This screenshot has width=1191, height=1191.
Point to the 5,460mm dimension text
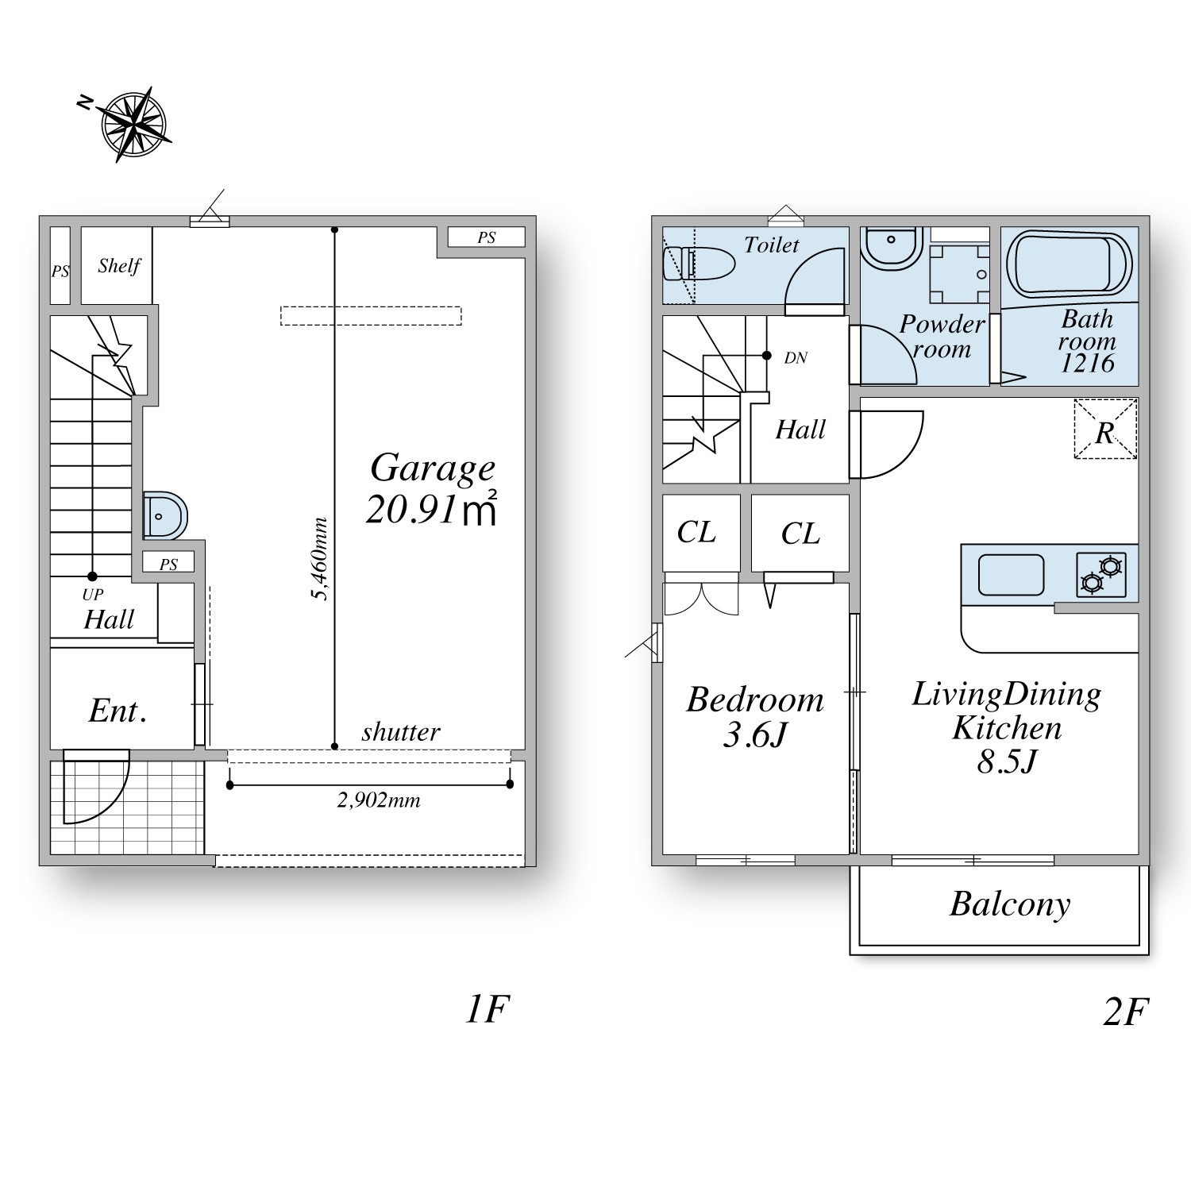[320, 559]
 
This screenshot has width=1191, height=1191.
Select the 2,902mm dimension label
[379, 800]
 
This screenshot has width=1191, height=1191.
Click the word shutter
[401, 732]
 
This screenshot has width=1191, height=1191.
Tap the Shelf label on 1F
[119, 266]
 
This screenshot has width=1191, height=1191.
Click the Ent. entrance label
[118, 711]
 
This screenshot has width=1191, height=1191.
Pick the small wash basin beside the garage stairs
[165, 516]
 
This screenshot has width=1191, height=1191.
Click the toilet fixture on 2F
[699, 264]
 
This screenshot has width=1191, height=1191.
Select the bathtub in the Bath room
[1070, 265]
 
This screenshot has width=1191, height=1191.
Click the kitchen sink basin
[1011, 575]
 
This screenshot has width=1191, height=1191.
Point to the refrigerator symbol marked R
[1105, 430]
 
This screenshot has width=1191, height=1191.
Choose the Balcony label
[1010, 904]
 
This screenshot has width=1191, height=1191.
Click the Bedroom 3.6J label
[755, 717]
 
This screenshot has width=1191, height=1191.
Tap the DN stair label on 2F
[796, 358]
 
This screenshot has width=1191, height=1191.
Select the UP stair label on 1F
[93, 594]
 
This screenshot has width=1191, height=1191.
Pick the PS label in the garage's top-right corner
[487, 237]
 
